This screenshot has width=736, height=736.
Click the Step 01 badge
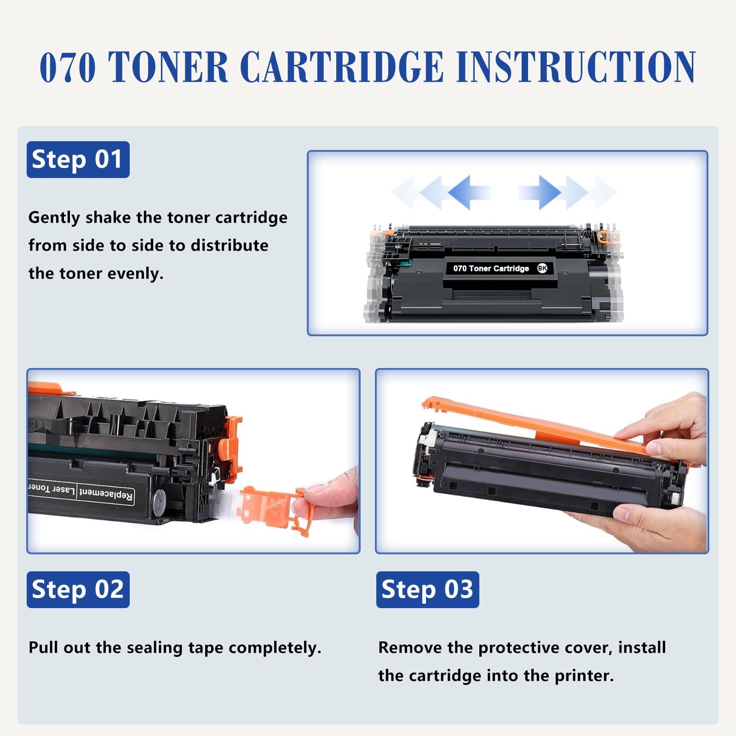78,160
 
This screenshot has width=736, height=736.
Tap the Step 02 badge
78,589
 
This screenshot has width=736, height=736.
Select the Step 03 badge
427,589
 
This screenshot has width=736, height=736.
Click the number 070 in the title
68,68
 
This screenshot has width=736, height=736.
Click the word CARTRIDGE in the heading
341,68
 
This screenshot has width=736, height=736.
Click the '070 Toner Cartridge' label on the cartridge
491,268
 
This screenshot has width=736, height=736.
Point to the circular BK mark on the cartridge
542,268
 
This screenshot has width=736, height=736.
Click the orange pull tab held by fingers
271,506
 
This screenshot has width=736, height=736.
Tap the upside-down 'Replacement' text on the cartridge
106,494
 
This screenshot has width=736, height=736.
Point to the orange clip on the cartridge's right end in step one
608,237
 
